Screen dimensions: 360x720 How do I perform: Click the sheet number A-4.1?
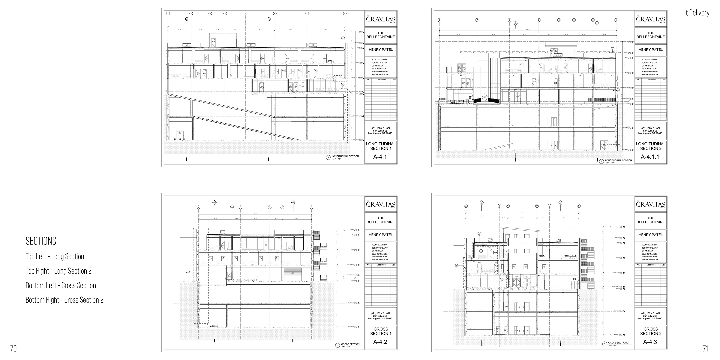pyautogui.click(x=380, y=157)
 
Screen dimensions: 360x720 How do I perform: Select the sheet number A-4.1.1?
pyautogui.click(x=650, y=157)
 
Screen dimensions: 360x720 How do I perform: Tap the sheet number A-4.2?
pyautogui.click(x=380, y=342)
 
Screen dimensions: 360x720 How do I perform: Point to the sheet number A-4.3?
pyautogui.click(x=650, y=342)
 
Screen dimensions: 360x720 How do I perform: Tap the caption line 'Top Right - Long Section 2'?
pyautogui.click(x=59, y=271)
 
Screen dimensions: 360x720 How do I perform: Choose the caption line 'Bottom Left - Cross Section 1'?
pyautogui.click(x=63, y=285)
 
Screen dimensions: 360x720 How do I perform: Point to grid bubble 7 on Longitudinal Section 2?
pyautogui.click(x=477, y=20)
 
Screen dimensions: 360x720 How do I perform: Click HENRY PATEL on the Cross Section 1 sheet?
pyautogui.click(x=381, y=235)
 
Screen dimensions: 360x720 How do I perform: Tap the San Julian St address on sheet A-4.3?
pyautogui.click(x=650, y=316)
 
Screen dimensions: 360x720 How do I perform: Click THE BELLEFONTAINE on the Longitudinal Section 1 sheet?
pyautogui.click(x=381, y=35)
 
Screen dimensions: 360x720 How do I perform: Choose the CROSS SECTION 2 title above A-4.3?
pyautogui.click(x=651, y=331)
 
